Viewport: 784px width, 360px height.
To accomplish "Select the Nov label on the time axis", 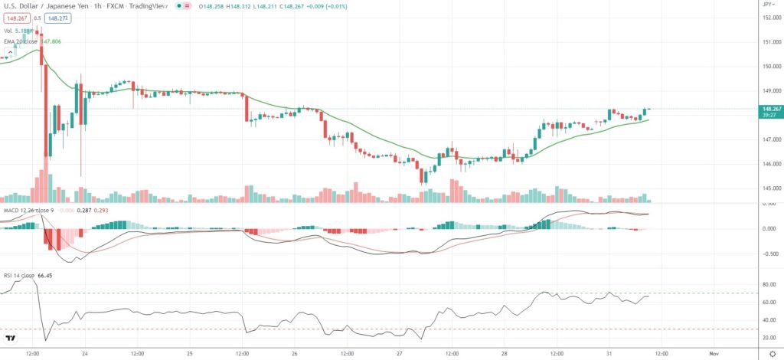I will (714, 353).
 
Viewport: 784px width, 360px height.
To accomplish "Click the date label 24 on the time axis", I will (84, 353).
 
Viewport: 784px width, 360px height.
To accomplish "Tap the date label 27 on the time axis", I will (400, 353).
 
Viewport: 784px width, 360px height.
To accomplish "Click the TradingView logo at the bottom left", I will (11, 339).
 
